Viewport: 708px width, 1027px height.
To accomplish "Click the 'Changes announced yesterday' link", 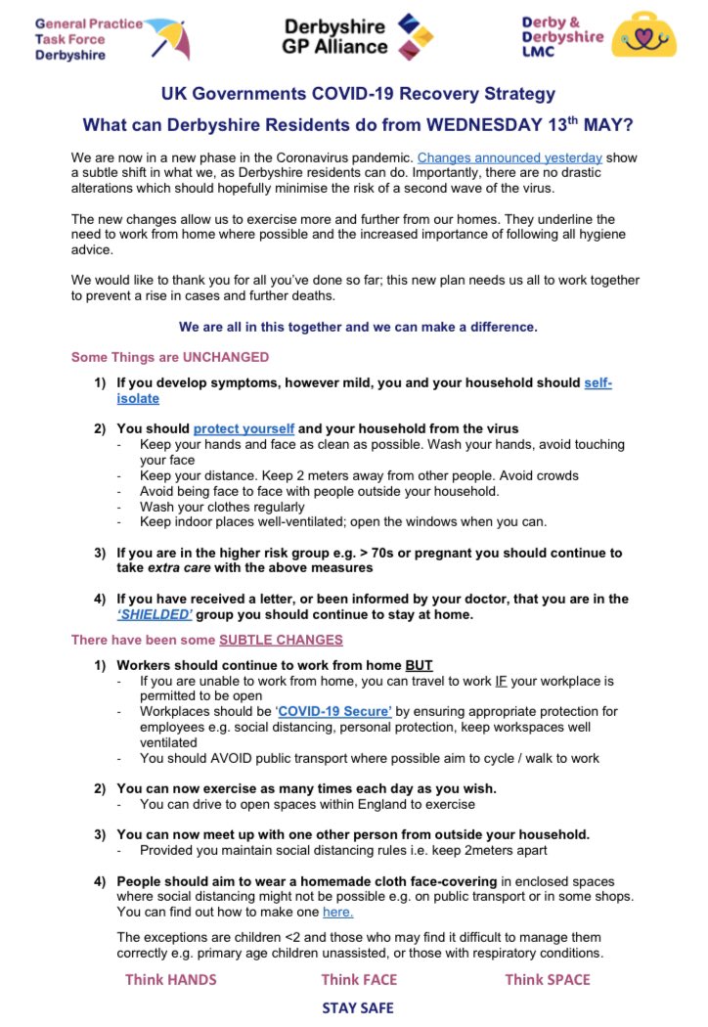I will click(509, 156).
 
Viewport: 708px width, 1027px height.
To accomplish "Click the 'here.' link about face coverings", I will click(337, 912).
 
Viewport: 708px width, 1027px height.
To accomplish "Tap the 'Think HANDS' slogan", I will click(170, 978).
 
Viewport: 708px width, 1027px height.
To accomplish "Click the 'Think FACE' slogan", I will click(359, 978).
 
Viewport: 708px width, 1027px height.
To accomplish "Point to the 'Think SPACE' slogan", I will click(547, 978).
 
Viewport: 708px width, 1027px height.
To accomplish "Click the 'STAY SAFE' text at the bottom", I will click(358, 1007).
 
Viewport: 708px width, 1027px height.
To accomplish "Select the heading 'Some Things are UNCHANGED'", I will click(170, 357).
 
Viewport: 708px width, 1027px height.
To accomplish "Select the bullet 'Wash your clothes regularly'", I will click(222, 507).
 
